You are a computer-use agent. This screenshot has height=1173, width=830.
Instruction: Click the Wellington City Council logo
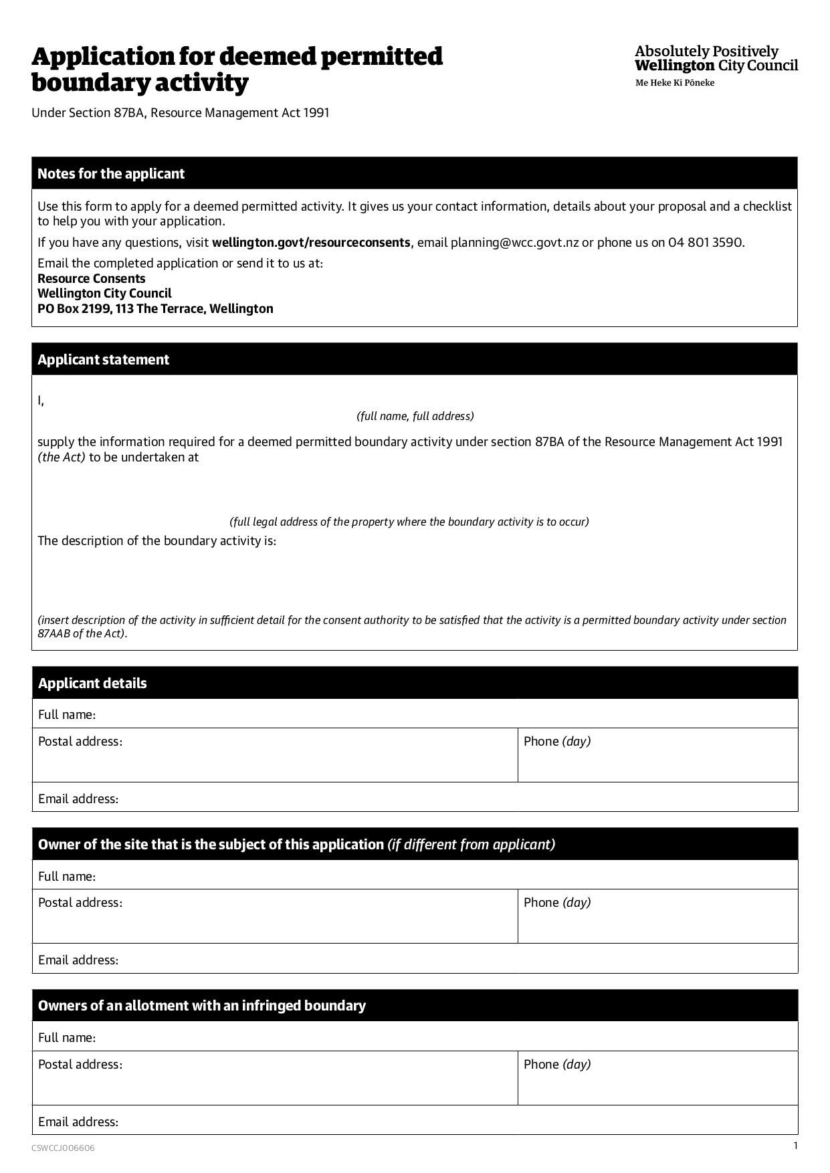coord(716,66)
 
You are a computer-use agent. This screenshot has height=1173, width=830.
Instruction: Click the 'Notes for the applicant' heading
coord(111,174)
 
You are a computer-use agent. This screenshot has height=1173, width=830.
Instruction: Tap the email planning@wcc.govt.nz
coord(514,243)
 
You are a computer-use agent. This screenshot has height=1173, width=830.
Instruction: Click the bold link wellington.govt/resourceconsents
coord(311,243)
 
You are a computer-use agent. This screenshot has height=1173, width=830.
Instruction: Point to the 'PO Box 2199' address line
coord(155,309)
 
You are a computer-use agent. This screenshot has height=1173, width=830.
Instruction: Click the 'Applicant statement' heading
coord(104,360)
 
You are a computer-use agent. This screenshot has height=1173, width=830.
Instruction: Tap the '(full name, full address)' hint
coord(415,416)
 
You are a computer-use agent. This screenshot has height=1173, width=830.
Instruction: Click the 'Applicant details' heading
coord(92,683)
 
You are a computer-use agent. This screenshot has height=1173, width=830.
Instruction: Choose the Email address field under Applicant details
coord(455,798)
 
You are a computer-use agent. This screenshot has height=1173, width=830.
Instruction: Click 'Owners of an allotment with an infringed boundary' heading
coord(202,1006)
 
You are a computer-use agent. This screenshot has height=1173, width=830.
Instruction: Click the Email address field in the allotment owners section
coord(455,1122)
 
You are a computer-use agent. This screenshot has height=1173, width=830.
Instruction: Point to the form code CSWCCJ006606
coord(63,1148)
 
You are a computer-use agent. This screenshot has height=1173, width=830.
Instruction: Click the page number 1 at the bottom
coord(795,1146)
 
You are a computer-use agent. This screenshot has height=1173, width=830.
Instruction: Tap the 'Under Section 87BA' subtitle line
coord(181,113)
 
